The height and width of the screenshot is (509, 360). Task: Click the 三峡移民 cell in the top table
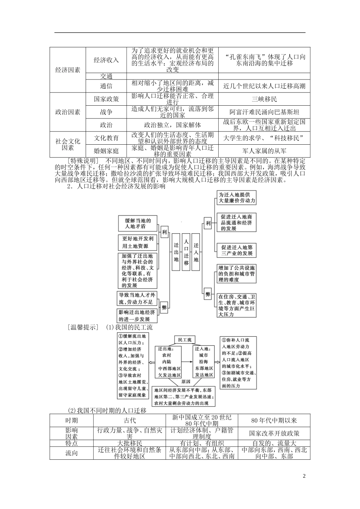point(264,99)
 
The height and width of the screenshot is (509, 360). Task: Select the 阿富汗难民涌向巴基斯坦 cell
point(264,112)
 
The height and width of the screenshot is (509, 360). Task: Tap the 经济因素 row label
point(68,70)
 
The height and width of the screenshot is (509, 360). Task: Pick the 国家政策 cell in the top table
point(106,99)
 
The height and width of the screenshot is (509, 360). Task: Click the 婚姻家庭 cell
point(106,151)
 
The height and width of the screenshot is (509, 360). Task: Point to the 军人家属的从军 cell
point(264,151)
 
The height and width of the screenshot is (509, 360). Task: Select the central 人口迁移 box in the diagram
point(186,251)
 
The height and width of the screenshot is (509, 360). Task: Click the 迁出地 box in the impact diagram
point(176,251)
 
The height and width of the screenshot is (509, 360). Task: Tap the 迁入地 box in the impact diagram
point(196,251)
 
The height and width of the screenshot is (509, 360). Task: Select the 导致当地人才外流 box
point(136,298)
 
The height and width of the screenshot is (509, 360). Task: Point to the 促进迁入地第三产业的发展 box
point(236,250)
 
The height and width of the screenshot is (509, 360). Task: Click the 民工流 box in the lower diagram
point(185,340)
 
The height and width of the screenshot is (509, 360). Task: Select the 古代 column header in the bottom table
point(130,420)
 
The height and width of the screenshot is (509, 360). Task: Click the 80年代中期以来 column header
point(274,420)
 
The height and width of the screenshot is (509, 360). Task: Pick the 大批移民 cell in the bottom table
point(130,443)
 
